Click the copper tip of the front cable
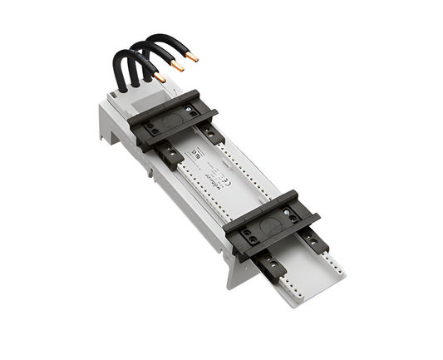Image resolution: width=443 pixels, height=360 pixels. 160,76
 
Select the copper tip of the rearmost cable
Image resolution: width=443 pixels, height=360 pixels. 192,57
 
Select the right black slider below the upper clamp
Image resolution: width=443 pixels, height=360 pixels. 212,131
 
